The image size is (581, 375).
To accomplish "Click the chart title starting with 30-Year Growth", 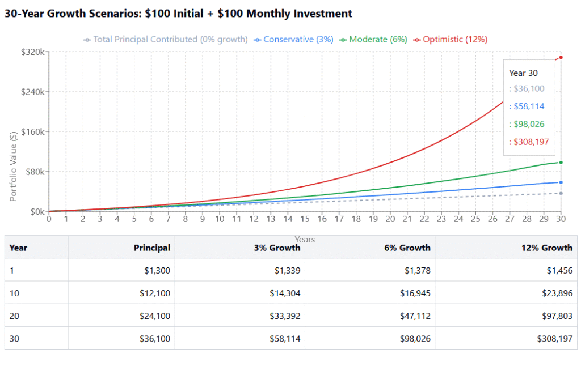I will [178, 14].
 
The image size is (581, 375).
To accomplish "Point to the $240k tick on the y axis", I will [33, 92].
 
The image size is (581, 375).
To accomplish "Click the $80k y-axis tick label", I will [35, 172].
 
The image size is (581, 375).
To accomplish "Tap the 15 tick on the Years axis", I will [305, 219].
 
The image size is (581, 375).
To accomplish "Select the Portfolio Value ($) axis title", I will [13, 167].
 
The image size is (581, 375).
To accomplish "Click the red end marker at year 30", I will [561, 57].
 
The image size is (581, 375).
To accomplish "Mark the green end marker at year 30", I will [561, 163].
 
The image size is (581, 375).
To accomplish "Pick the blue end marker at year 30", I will [561, 182].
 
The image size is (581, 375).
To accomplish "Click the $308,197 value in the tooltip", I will [531, 142].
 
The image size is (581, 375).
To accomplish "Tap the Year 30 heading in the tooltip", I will [523, 73].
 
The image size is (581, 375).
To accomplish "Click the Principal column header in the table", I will [151, 248].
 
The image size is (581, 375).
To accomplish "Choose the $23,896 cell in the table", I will [557, 293].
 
